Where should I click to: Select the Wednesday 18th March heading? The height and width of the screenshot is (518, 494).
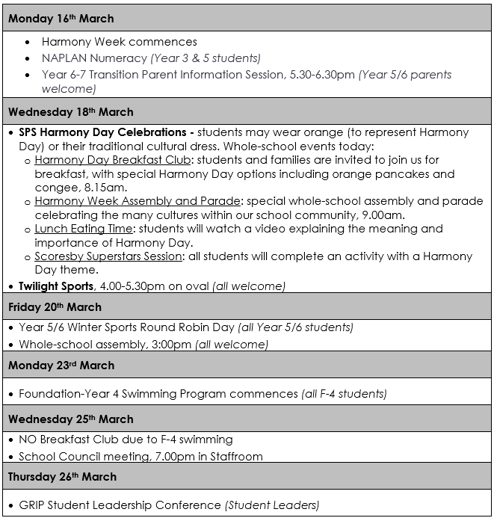click(x=70, y=112)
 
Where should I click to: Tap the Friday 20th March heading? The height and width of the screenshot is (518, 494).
click(x=55, y=307)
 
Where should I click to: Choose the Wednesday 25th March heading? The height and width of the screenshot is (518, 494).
click(x=70, y=419)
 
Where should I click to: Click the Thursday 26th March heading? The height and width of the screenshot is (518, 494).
click(x=64, y=477)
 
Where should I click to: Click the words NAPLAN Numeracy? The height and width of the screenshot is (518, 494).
click(x=94, y=58)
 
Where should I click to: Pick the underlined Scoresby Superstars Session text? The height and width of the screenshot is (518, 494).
click(x=108, y=256)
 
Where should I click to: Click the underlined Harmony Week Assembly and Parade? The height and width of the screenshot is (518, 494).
click(x=138, y=201)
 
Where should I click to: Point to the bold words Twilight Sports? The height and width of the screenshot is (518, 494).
click(x=55, y=286)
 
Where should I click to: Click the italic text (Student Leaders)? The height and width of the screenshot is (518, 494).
click(x=272, y=505)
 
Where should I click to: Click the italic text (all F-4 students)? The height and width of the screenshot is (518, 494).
click(x=344, y=394)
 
